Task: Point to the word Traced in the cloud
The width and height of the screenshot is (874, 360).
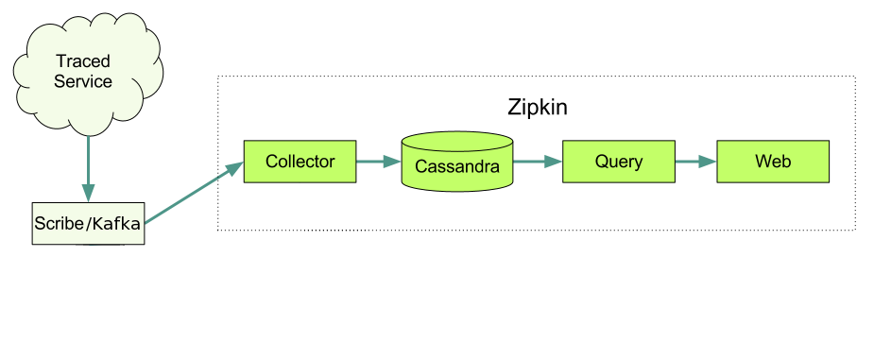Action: coord(83,61)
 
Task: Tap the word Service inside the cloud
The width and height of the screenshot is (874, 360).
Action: coord(83,81)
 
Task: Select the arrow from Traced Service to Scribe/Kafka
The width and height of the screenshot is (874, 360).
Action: coord(88,165)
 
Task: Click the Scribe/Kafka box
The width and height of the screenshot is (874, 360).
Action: coord(88,223)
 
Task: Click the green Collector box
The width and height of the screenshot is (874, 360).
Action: coord(300,162)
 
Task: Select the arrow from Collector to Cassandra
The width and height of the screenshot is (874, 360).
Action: coord(378,162)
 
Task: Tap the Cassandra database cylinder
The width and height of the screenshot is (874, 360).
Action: coord(457,163)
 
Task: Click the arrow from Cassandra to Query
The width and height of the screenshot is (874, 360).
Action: coord(537,162)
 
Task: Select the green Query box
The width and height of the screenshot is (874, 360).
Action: coord(619,162)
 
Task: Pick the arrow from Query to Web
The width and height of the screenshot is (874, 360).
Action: coord(695,162)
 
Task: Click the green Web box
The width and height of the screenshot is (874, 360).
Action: coord(773,162)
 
